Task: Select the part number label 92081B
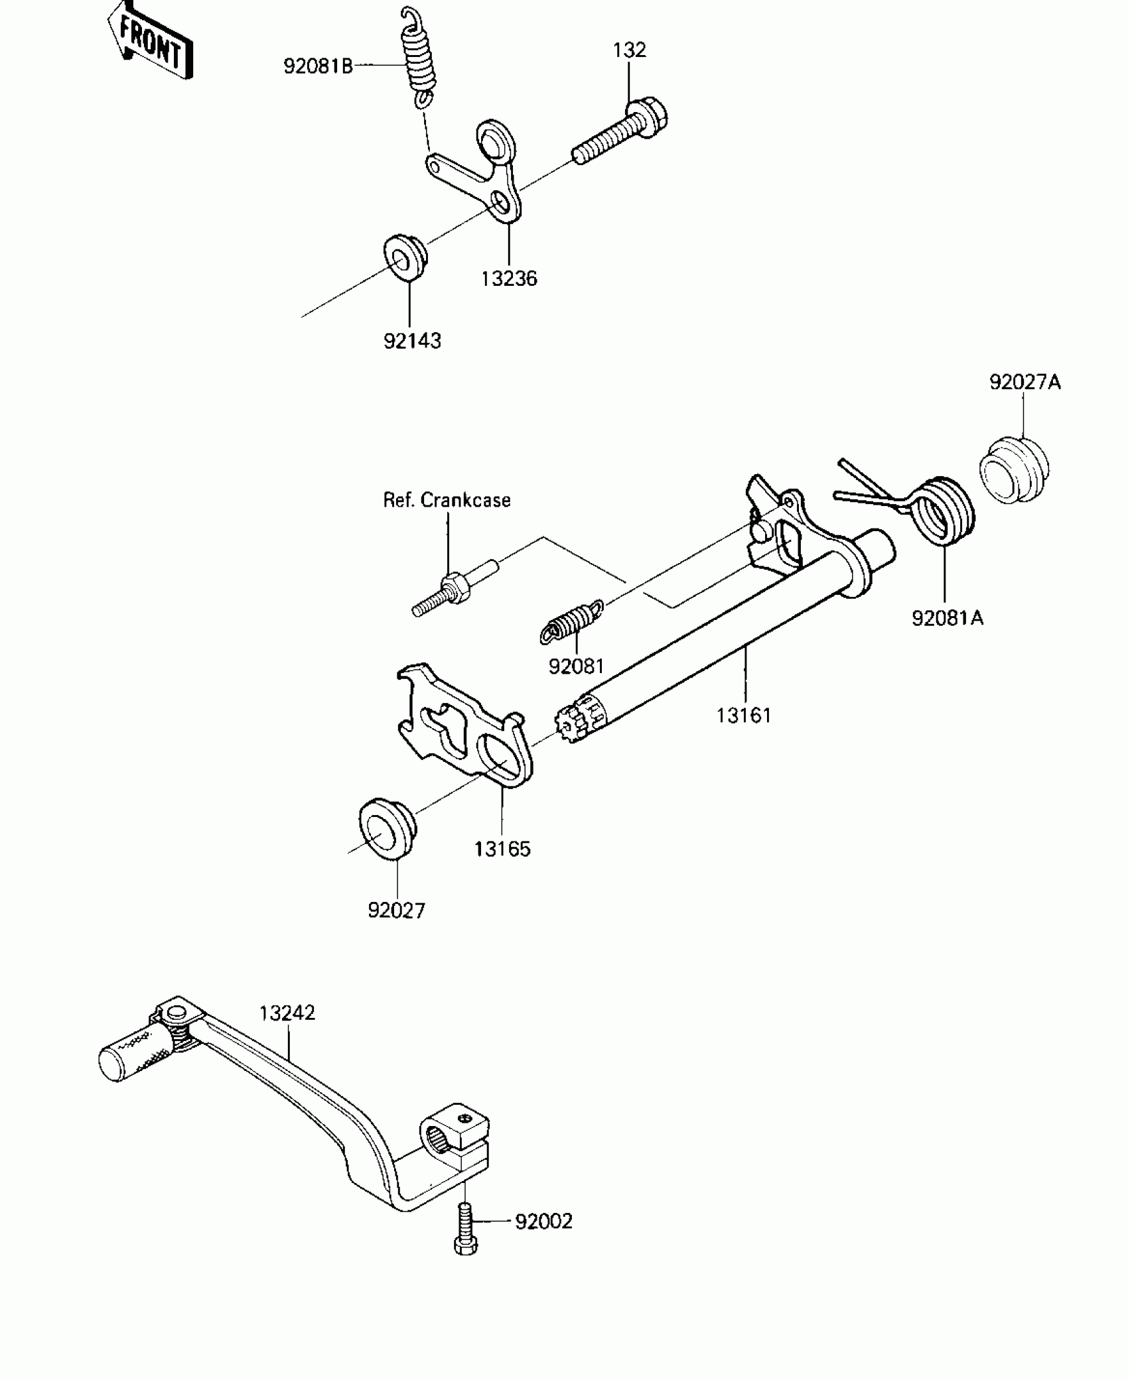318,66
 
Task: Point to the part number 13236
509,279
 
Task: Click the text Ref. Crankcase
447,500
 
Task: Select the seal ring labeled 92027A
1014,470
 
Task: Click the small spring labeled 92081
573,621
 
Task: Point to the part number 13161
744,716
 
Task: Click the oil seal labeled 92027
387,832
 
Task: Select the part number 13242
287,1013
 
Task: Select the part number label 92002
543,1221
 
